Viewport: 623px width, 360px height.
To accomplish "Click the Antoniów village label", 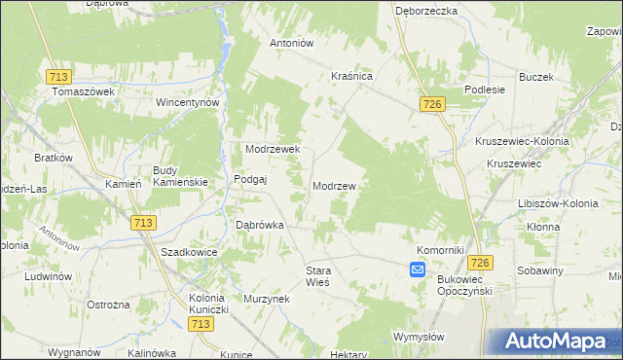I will coord(290,43).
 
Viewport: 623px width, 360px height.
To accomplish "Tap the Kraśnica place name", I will coord(352,75).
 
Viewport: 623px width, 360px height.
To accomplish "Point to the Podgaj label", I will coord(250,180).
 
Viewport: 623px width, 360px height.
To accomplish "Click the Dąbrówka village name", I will coord(260,225).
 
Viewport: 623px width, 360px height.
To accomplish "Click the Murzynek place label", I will coord(268,299).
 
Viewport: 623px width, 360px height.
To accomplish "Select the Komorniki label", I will coord(440,249).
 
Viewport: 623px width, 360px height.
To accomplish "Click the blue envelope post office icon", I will coord(417,270).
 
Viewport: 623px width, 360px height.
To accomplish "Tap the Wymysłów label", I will coord(419,337).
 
